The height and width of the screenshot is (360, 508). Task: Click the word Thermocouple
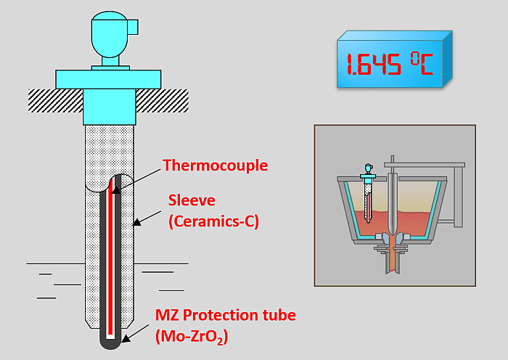click(x=215, y=165)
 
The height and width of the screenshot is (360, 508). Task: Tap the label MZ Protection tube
click(x=226, y=316)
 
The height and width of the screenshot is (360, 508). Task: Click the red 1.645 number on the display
click(x=374, y=65)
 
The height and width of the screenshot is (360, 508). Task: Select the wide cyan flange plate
click(x=109, y=78)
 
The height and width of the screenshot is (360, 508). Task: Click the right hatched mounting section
click(x=161, y=96)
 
